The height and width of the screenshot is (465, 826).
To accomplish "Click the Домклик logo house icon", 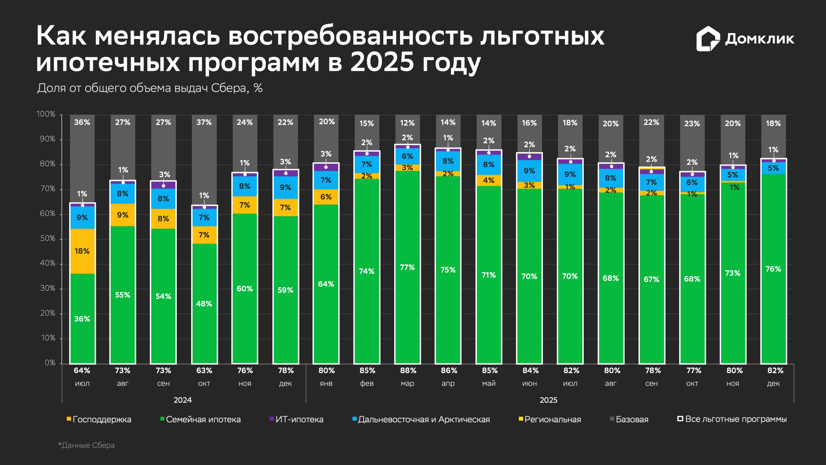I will (708, 39).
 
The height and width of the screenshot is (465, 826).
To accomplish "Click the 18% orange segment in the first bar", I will (82, 251).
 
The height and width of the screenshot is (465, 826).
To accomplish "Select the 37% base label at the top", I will (204, 122).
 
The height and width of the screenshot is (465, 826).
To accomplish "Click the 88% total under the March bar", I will (408, 371).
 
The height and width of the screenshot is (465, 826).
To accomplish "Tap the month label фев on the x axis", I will (367, 383).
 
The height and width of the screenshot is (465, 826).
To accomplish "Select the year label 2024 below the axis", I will (182, 400).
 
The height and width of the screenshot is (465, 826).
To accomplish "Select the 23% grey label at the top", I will (692, 123).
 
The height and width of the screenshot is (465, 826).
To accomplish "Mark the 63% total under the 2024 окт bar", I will (204, 371).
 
